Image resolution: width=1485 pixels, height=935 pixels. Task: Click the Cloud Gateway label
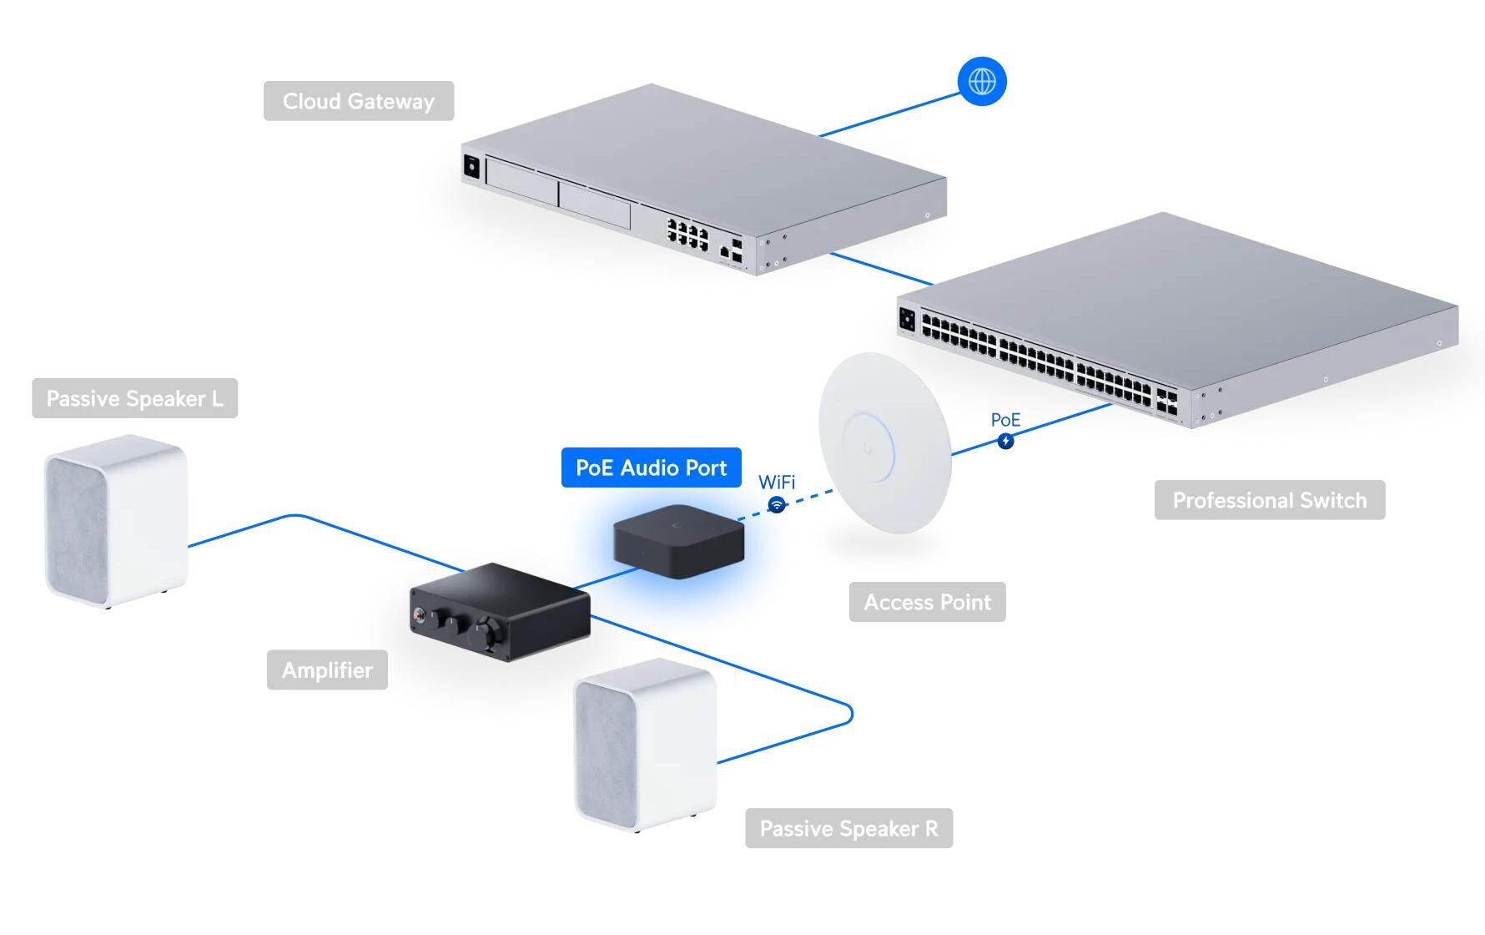click(359, 101)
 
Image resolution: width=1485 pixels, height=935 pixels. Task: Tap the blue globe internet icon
click(982, 81)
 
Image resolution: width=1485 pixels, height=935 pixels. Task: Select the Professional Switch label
click(1269, 500)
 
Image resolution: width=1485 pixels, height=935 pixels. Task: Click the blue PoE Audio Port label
click(651, 467)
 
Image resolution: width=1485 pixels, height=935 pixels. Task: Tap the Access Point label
click(927, 602)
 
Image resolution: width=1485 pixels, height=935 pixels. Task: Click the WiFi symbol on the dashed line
click(777, 505)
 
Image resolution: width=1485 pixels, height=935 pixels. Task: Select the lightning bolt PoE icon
click(1005, 441)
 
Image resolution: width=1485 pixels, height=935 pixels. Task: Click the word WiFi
click(777, 483)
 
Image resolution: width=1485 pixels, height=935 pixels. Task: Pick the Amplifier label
click(327, 670)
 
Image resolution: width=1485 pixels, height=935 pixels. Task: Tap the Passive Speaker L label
click(134, 398)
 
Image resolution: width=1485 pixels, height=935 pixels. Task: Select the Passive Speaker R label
click(848, 828)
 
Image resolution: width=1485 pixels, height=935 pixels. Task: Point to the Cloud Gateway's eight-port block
click(687, 231)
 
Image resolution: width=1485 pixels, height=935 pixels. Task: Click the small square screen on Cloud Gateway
click(471, 167)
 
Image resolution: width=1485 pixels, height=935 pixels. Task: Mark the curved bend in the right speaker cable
click(848, 715)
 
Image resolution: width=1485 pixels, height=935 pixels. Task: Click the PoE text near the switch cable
click(1005, 420)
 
